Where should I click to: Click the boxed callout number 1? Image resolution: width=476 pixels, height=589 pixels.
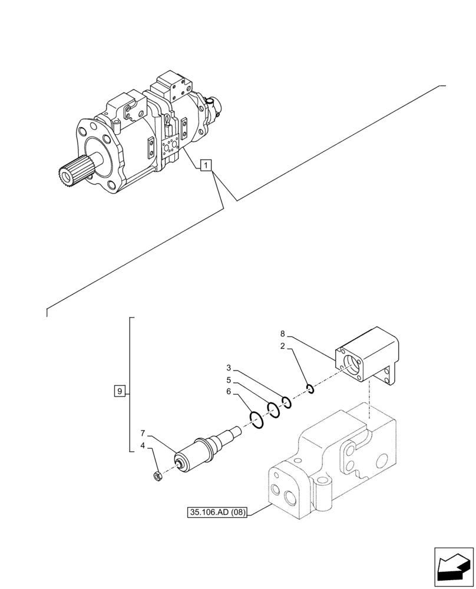[x=205, y=166]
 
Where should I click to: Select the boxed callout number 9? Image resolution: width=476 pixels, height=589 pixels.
[x=120, y=391]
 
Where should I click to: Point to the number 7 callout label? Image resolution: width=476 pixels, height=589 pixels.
[x=143, y=436]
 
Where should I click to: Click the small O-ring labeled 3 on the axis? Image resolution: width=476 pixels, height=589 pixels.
[x=286, y=402]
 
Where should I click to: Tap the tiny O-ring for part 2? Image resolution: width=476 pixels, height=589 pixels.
[x=310, y=388]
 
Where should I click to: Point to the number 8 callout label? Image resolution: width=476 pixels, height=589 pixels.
[x=283, y=334]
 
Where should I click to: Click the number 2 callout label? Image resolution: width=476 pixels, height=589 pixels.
[x=283, y=347]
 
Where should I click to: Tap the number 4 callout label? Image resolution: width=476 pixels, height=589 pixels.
[x=143, y=447]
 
